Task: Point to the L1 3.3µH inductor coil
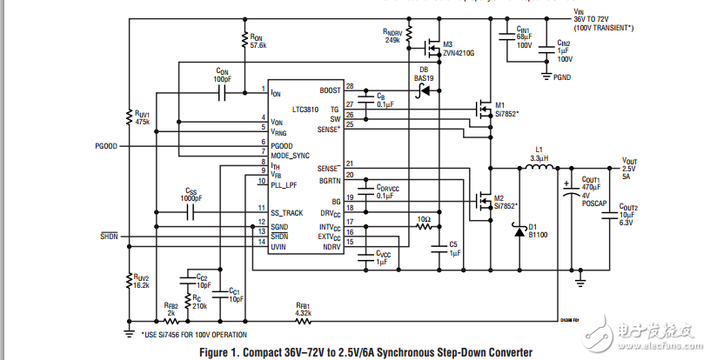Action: (x=539, y=169)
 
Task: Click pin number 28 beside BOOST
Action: (x=350, y=86)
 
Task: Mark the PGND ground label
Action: (x=565, y=77)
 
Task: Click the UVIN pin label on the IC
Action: (x=278, y=247)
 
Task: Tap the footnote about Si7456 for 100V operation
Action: (x=194, y=334)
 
